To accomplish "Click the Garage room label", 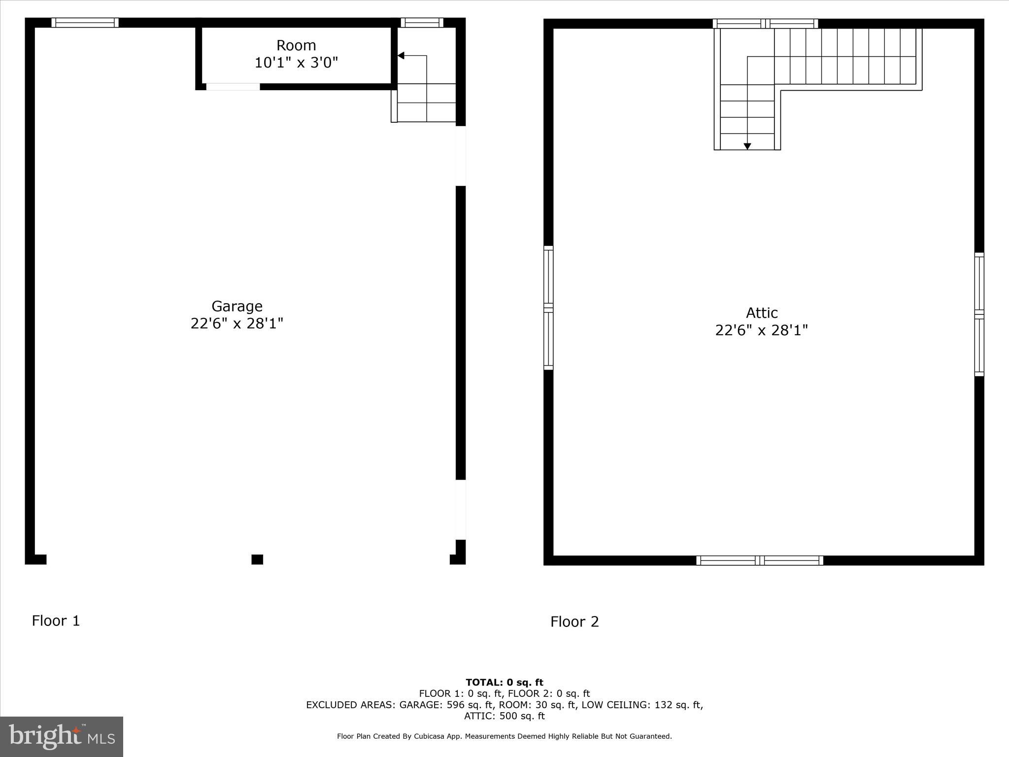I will coord(236,306).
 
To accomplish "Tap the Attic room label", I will coord(761,313).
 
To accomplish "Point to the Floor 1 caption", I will coord(56,620).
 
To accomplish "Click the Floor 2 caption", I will coord(574,621).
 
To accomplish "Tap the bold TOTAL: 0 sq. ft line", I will coord(504,682).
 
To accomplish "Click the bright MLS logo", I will coord(62,736).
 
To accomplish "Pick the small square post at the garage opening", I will coord(257,559).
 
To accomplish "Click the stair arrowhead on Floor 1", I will coord(401,56).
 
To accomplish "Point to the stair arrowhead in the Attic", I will coord(747,146).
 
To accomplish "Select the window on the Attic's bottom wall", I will coord(759,560).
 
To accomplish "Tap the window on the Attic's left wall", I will coord(548,308).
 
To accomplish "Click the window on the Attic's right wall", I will coord(979,314).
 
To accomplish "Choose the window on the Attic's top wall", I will coord(765,24).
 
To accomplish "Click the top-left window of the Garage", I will coord(85,23).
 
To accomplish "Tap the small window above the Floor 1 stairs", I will coord(422,23).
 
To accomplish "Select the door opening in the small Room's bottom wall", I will coord(233,87).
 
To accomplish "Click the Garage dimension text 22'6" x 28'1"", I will coord(236,324).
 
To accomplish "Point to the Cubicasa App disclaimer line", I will coord(504,736).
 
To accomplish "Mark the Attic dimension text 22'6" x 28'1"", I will coord(761,330).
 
